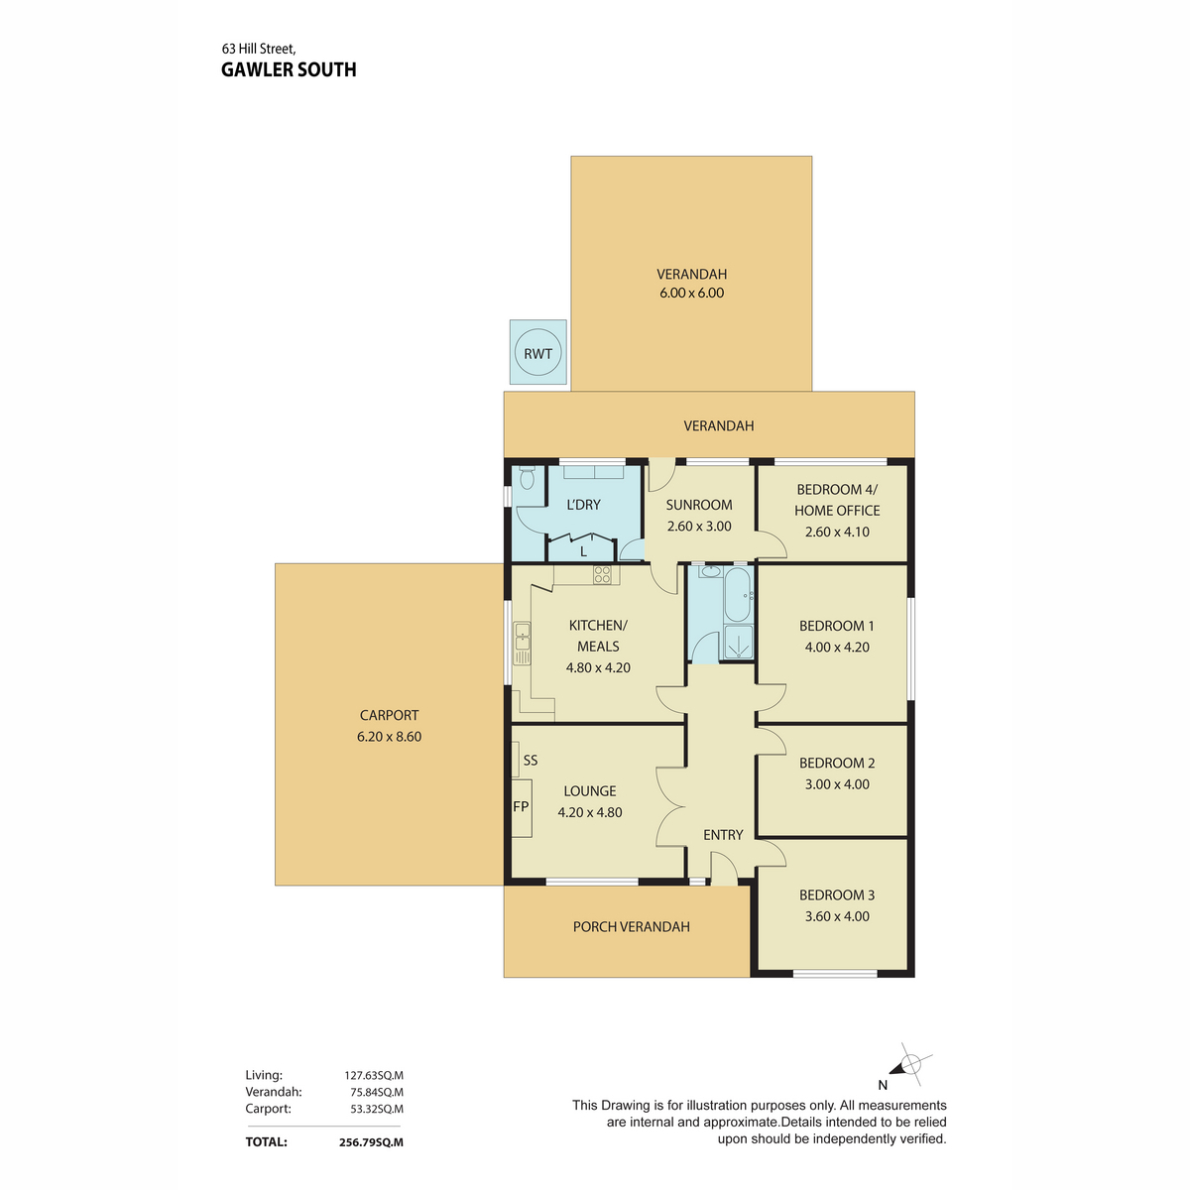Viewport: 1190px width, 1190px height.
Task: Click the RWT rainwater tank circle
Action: (537, 353)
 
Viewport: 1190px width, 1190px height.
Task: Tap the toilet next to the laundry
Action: (527, 477)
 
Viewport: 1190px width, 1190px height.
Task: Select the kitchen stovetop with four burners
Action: (602, 574)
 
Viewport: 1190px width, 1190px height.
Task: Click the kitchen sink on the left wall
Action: (522, 643)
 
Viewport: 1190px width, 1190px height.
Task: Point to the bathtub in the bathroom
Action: (738, 593)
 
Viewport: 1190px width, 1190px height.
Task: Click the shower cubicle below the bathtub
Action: (738, 643)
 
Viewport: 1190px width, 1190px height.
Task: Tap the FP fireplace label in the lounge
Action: (521, 806)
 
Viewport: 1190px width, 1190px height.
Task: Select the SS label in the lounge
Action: (531, 761)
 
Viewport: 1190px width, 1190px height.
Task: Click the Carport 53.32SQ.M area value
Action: (377, 1109)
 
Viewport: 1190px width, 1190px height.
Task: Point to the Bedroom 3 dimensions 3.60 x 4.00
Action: (837, 916)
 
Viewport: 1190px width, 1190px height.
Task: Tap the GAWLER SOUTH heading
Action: (289, 69)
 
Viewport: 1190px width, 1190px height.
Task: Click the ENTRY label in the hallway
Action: (723, 835)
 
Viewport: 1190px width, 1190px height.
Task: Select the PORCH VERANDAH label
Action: (631, 926)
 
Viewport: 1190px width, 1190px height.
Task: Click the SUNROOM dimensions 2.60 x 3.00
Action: (699, 527)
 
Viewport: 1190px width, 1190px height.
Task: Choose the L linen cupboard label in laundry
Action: (583, 552)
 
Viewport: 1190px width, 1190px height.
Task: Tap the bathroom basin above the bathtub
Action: (710, 571)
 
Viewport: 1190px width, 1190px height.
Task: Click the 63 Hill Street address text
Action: (259, 49)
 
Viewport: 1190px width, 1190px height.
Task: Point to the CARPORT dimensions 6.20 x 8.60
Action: (389, 736)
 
